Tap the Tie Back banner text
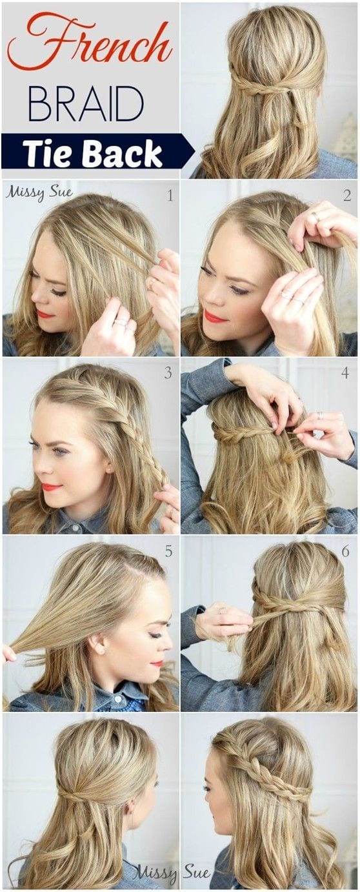(x=92, y=152)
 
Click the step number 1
(x=170, y=196)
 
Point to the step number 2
(x=347, y=195)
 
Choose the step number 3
(x=168, y=373)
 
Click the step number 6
(x=345, y=551)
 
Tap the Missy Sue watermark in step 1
(x=32, y=192)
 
